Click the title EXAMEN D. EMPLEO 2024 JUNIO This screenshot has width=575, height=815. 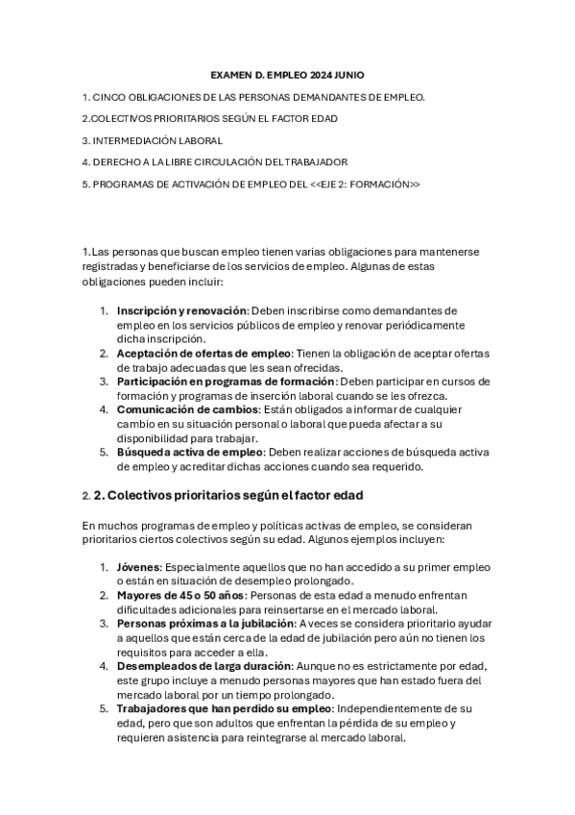[287, 74]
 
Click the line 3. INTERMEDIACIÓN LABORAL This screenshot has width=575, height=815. [153, 140]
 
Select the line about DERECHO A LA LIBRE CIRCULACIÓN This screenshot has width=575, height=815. [215, 161]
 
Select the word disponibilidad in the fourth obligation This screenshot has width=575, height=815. [149, 439]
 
